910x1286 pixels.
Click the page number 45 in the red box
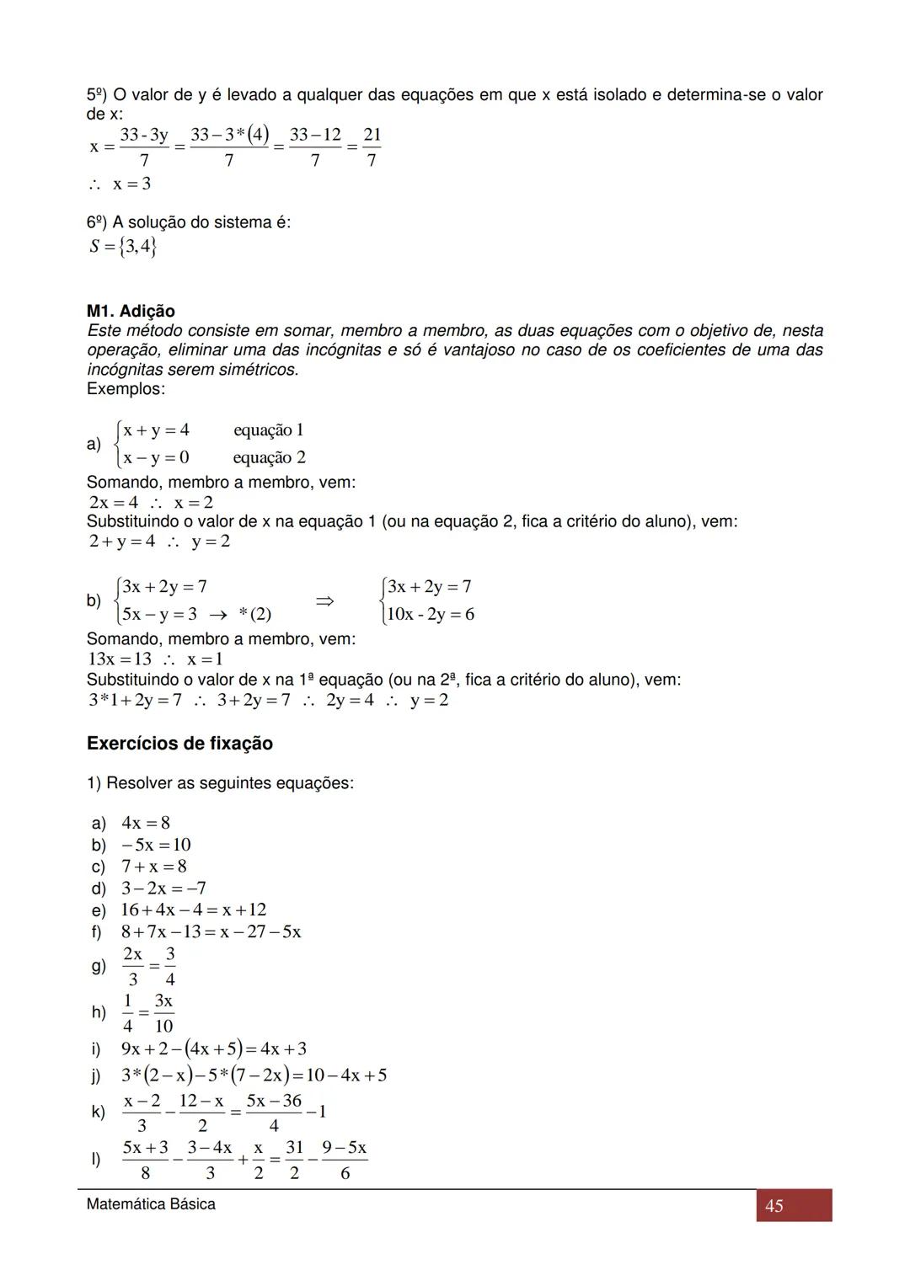773,1205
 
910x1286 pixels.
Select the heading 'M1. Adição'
131,312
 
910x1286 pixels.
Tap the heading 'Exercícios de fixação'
179,744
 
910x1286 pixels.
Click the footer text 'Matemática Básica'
151,1204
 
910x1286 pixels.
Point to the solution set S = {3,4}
123,247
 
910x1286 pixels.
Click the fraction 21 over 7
372,147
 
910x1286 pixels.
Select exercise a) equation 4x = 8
145,823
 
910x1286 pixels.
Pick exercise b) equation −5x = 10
156,845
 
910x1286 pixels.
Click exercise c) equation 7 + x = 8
153,867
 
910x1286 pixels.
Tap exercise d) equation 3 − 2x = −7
163,888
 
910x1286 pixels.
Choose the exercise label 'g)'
99,967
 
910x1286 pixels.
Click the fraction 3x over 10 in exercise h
163,1013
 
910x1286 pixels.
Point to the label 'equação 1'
269,430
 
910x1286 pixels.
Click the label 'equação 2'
270,458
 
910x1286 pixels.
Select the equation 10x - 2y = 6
431,614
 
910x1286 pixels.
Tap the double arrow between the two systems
324,601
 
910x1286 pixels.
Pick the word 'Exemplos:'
126,389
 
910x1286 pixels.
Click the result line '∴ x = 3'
120,184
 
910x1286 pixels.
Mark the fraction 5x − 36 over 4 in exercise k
274,1113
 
